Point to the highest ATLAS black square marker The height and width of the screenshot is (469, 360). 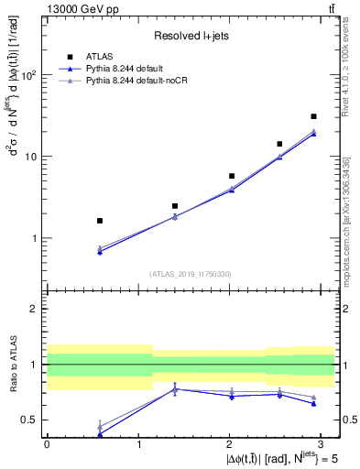pyautogui.click(x=313, y=116)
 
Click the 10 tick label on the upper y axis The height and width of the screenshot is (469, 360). pyautogui.click(x=32, y=157)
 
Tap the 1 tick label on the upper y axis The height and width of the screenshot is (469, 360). pyautogui.click(x=35, y=238)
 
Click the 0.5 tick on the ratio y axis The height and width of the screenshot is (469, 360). pyautogui.click(x=30, y=420)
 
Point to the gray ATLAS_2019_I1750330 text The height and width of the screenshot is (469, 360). pyautogui.click(x=191, y=274)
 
